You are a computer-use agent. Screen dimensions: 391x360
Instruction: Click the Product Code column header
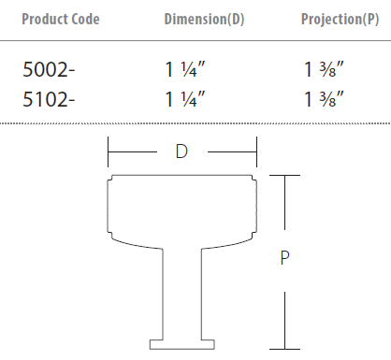61,20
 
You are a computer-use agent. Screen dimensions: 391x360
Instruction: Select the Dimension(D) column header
204,20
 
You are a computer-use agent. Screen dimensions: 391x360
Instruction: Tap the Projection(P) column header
340,20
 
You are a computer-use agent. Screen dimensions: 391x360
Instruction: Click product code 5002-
49,69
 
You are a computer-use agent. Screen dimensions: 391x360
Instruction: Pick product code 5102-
49,99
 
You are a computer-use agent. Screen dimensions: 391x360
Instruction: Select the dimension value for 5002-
185,69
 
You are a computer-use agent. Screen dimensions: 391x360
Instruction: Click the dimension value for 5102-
185,99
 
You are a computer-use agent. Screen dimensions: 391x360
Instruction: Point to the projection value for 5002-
324,69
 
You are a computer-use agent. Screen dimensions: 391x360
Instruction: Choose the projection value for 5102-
324,99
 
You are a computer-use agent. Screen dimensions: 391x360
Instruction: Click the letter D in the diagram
181,151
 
